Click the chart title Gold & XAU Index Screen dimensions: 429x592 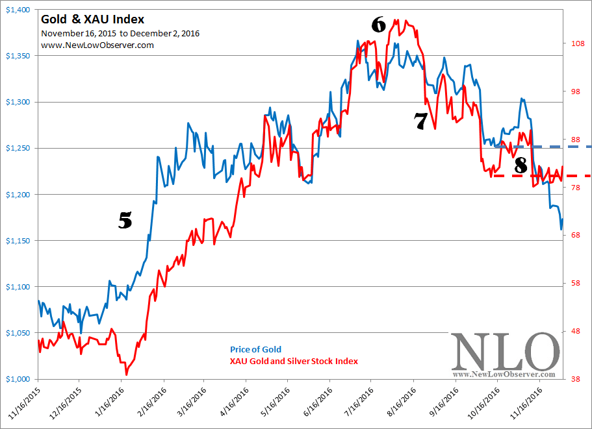click(x=92, y=19)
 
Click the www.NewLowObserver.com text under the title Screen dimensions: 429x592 click(x=97, y=45)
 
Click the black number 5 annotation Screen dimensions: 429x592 click(x=125, y=221)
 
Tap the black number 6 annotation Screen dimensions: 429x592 click(x=378, y=25)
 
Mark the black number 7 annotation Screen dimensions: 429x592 click(x=420, y=120)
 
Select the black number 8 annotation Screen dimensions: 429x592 click(x=521, y=165)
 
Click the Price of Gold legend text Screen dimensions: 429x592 click(x=255, y=350)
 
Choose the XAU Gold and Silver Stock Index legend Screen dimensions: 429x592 click(x=294, y=361)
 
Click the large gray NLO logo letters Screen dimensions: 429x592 click(x=505, y=352)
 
